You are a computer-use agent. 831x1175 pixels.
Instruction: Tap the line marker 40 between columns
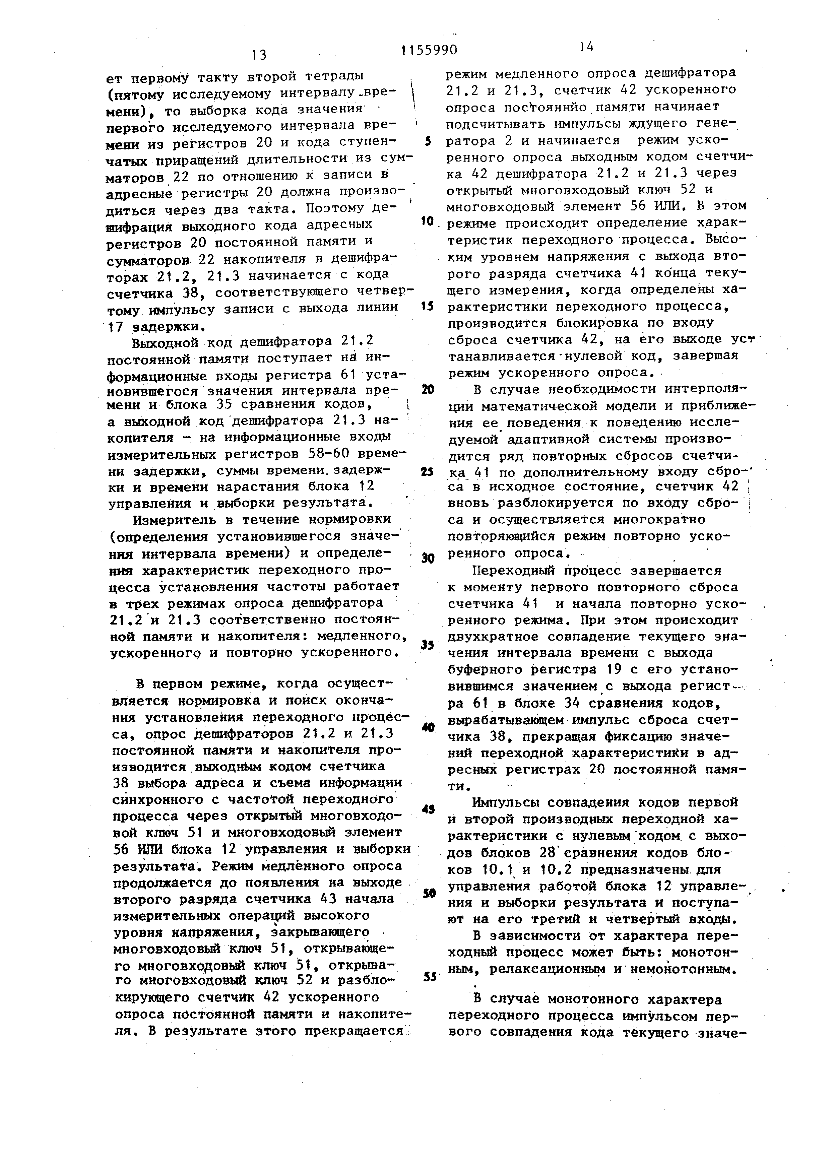[x=428, y=727]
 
